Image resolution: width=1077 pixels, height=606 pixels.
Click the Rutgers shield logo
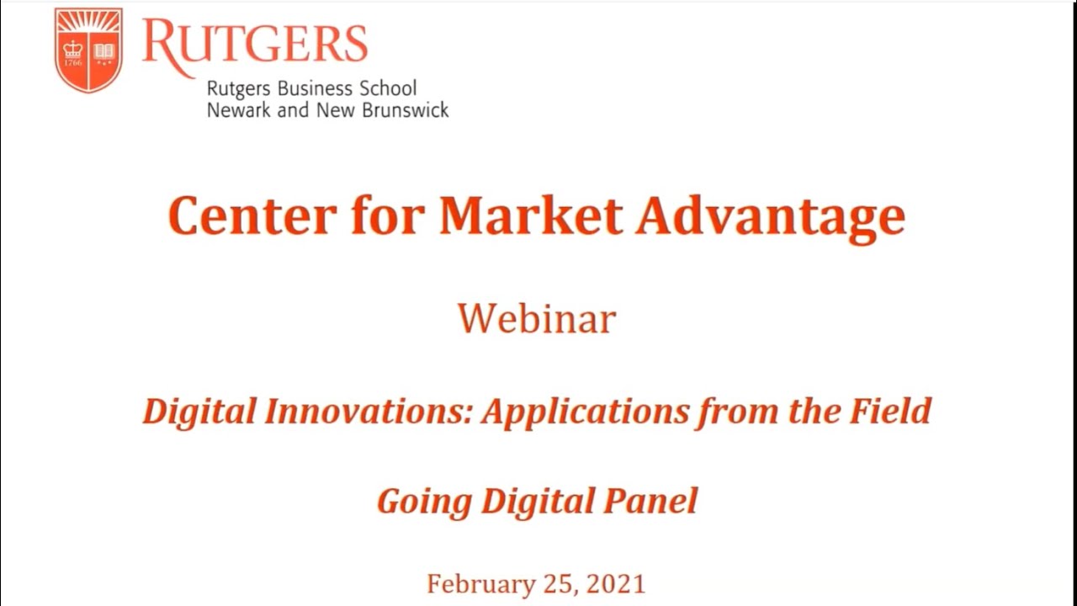click(88, 50)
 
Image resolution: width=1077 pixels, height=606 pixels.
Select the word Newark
click(239, 109)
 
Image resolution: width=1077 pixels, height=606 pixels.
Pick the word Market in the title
click(530, 215)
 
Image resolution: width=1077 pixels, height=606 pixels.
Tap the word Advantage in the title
click(770, 217)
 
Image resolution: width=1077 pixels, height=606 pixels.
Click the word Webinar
click(537, 319)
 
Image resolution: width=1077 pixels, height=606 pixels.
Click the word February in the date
click(474, 584)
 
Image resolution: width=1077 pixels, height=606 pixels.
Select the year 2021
click(615, 584)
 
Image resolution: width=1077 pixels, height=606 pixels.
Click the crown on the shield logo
click(73, 50)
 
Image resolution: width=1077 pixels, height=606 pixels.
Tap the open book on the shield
click(103, 50)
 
